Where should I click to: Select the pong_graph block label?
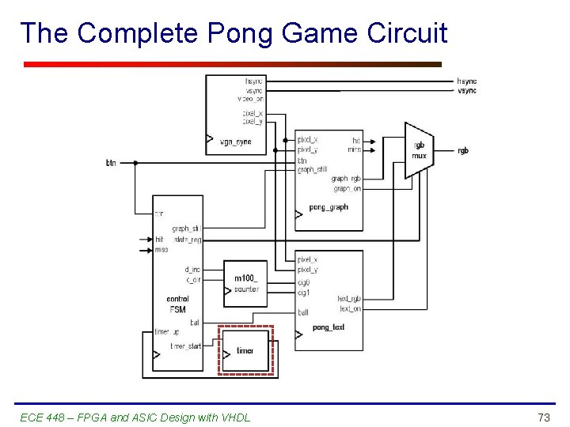(x=328, y=207)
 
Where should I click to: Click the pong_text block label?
(x=329, y=327)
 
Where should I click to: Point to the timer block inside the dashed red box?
(x=245, y=350)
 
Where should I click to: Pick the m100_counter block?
(x=246, y=284)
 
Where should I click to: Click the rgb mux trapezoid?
(x=419, y=150)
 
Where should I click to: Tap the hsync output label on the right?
(x=467, y=81)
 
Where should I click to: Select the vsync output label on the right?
(x=467, y=91)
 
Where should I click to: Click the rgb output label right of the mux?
(x=463, y=150)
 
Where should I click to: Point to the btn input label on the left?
(x=111, y=163)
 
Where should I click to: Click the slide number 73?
(x=544, y=417)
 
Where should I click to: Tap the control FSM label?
(x=177, y=304)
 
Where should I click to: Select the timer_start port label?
(x=186, y=346)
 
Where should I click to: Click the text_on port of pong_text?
(x=349, y=308)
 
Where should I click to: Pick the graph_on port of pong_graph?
(x=347, y=188)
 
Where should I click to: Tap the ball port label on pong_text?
(x=302, y=312)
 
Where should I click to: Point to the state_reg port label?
(x=188, y=239)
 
